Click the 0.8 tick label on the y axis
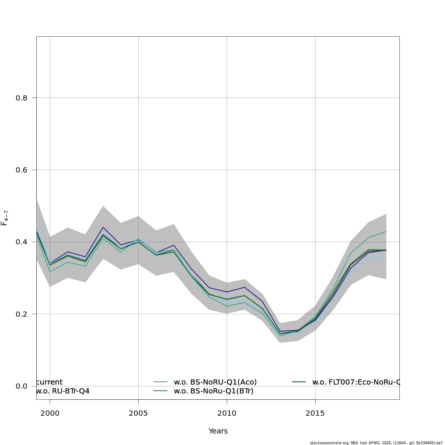pyautogui.click(x=21, y=98)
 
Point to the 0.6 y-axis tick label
pyautogui.click(x=21, y=170)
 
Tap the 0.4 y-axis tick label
pyautogui.click(x=21, y=242)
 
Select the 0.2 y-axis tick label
pyautogui.click(x=21, y=314)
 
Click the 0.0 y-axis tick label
pyautogui.click(x=21, y=386)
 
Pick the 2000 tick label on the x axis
pyautogui.click(x=50, y=413)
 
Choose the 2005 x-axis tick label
pyautogui.click(x=138, y=413)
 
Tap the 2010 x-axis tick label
pyautogui.click(x=227, y=413)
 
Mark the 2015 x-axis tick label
pyautogui.click(x=315, y=413)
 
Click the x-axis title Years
pyautogui.click(x=218, y=431)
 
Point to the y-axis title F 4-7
pyautogui.click(x=5, y=218)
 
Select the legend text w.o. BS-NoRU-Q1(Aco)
pyautogui.click(x=215, y=382)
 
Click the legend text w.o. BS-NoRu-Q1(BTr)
pyautogui.click(x=214, y=391)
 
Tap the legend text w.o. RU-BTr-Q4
pyautogui.click(x=63, y=391)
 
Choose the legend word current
pyautogui.click(x=50, y=382)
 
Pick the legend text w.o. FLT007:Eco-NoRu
pyautogui.click(x=356, y=382)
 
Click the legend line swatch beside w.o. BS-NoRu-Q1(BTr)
pyautogui.click(x=161, y=391)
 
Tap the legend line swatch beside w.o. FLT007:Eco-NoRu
pyautogui.click(x=299, y=382)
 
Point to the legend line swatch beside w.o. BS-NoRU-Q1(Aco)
pyautogui.click(x=161, y=382)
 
